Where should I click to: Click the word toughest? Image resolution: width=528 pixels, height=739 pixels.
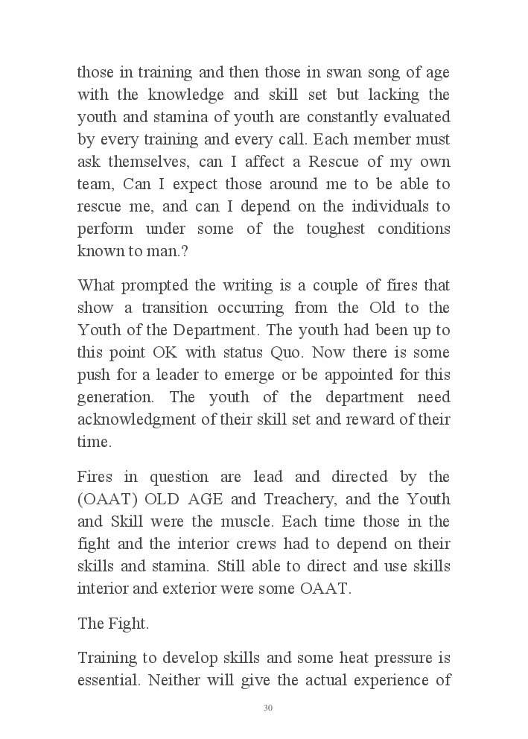(339, 228)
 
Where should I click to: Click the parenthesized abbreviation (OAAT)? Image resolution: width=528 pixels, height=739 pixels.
(105, 499)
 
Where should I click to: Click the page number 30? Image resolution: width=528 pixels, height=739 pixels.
(268, 708)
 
